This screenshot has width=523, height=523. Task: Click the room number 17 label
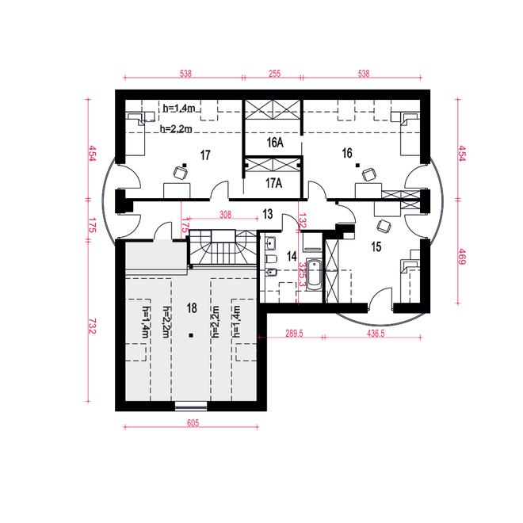(x=205, y=155)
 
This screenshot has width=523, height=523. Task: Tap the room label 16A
(x=275, y=143)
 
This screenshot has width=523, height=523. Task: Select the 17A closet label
(x=274, y=183)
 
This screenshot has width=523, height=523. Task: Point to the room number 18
(x=192, y=308)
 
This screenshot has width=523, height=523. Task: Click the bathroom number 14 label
(x=292, y=257)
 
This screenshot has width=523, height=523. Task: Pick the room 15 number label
(x=376, y=247)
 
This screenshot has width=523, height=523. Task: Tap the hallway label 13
(x=268, y=214)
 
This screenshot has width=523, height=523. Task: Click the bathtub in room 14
(x=315, y=276)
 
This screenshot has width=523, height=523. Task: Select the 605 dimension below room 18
(x=193, y=423)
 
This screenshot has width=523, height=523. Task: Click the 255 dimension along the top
(x=274, y=74)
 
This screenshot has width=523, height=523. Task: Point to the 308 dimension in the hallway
(x=226, y=215)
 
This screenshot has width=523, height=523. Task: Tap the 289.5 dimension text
(x=294, y=334)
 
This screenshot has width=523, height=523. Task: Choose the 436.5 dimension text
(x=376, y=334)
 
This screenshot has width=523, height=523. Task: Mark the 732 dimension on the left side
(x=93, y=326)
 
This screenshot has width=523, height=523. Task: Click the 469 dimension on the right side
(x=462, y=257)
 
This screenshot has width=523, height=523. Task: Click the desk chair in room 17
(x=180, y=173)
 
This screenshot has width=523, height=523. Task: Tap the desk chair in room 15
(x=384, y=226)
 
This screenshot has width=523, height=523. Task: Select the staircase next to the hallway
(x=223, y=247)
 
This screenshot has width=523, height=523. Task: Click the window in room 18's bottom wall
(x=191, y=406)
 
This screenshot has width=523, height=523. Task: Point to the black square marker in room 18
(x=191, y=335)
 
